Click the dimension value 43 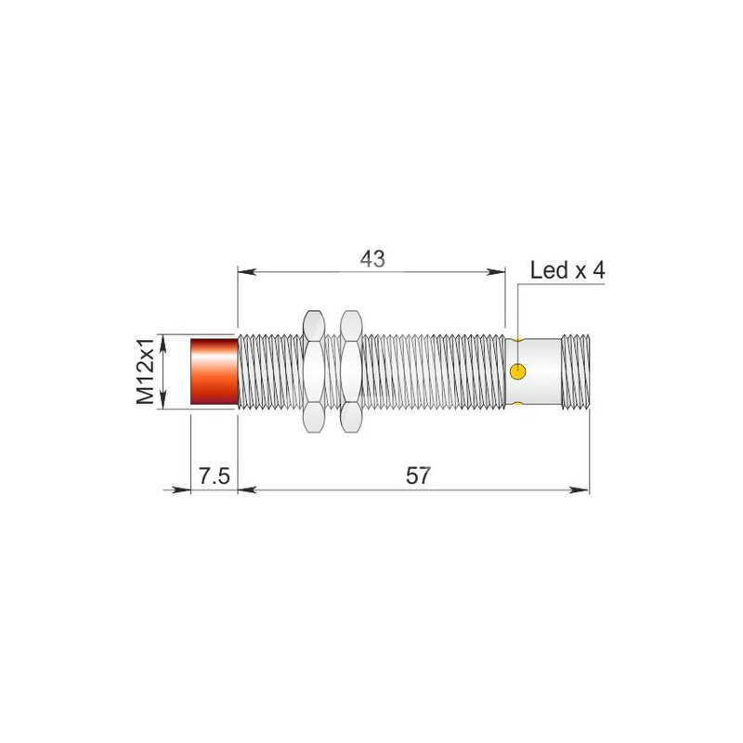tap(372, 259)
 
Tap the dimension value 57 tap(418, 476)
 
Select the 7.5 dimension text tap(215, 476)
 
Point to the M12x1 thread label tap(145, 371)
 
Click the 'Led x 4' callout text tap(567, 270)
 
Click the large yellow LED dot tap(518, 371)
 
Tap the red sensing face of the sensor tap(215, 371)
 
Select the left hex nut tap(314, 371)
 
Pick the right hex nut tap(351, 371)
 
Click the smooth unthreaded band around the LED tap(533, 371)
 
